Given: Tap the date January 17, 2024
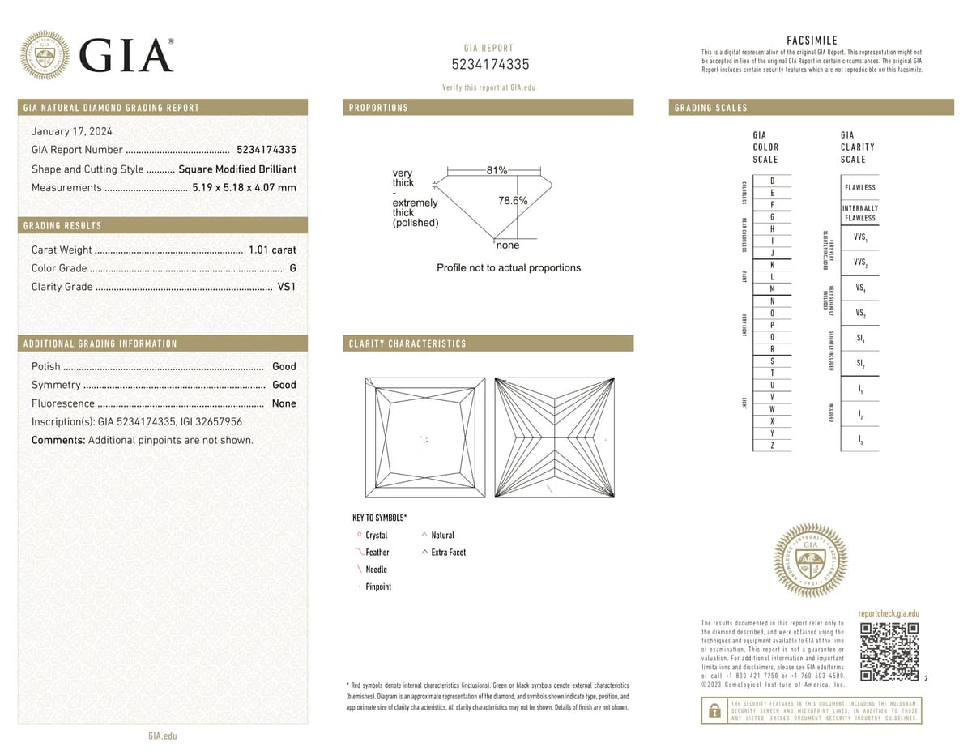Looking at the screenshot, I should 71,131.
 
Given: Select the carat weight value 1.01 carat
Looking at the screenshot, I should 272,250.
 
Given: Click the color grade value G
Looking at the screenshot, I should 292,268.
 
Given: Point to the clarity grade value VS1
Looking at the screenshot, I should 287,287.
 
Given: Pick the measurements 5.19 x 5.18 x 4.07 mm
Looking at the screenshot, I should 244,188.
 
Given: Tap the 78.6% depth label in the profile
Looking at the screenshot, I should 513,201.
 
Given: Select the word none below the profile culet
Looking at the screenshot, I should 508,245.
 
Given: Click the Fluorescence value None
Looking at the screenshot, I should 283,403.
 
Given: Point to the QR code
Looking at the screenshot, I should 889,652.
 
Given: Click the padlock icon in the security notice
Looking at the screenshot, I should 714,711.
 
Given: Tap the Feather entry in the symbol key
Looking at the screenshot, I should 377,553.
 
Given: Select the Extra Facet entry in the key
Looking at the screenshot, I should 448,553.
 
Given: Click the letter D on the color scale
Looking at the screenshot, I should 772,180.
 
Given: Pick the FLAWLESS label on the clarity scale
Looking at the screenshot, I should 859,187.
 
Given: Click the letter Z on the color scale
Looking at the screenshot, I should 772,446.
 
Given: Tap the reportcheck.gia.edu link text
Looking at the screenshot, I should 889,615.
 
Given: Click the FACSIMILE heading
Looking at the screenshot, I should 812,40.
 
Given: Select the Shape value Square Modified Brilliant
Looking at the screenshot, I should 237,169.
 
